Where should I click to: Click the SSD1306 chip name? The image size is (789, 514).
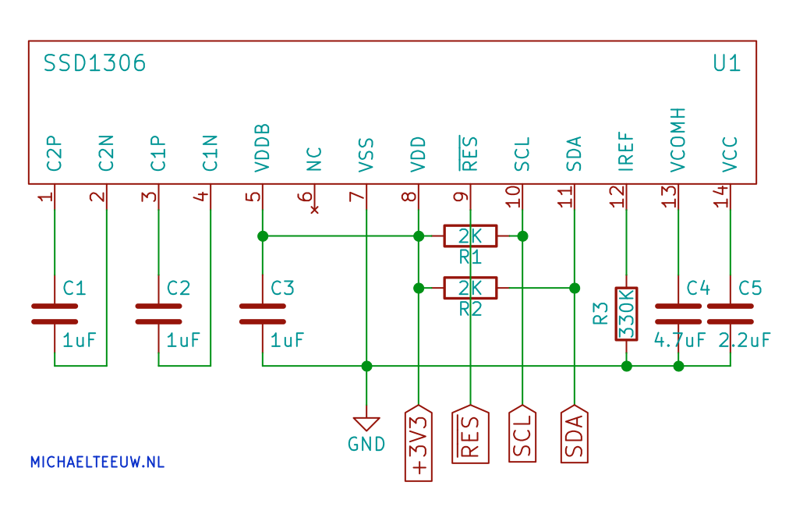[x=94, y=63]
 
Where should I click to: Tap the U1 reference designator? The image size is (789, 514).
[x=727, y=63]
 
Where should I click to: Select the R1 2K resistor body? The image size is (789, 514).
[x=471, y=235]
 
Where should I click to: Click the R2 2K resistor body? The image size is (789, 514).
[x=471, y=288]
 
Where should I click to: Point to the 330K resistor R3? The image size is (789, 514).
[x=627, y=314]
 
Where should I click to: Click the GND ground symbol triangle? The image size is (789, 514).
[x=366, y=424]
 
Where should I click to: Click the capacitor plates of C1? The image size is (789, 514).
[x=55, y=314]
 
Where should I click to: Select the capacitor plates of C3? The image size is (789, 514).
[x=263, y=314]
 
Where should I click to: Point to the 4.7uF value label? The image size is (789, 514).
[x=680, y=341]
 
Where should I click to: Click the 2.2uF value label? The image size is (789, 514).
[x=745, y=341]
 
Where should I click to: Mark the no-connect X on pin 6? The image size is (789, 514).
[x=315, y=210]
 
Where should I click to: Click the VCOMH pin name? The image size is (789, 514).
[x=678, y=139]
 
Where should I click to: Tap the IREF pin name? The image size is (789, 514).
[x=626, y=151]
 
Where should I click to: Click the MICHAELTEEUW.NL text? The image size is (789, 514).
[x=97, y=462]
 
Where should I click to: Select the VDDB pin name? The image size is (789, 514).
[x=263, y=147]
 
